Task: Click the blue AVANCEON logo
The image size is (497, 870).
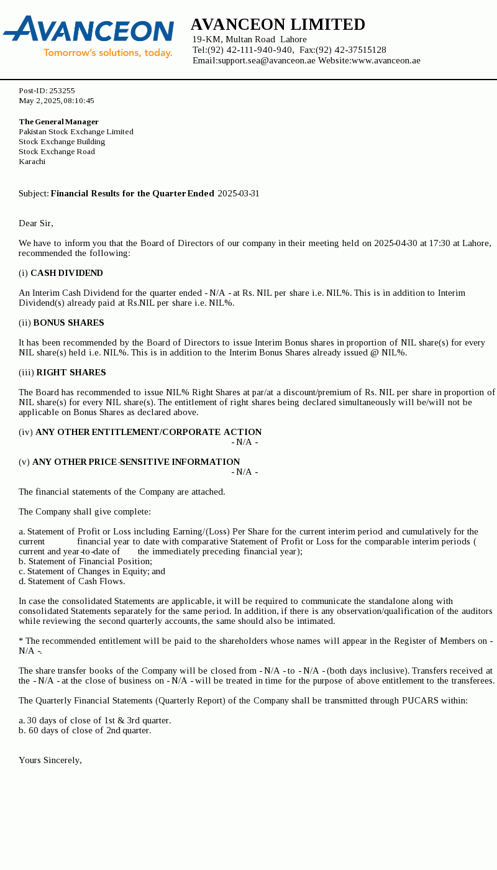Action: click(x=89, y=30)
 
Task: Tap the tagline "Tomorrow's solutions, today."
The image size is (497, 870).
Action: click(x=107, y=53)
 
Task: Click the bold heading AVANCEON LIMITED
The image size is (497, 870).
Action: click(x=278, y=25)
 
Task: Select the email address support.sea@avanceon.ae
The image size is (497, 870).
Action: click(x=266, y=61)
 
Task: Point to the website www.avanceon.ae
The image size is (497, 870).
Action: click(x=386, y=61)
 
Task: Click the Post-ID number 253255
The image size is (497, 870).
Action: click(x=62, y=91)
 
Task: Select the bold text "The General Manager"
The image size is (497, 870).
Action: click(x=58, y=122)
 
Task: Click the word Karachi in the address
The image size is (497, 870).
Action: click(x=32, y=162)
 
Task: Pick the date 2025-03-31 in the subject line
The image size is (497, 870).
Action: click(x=239, y=194)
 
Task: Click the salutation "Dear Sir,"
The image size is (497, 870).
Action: click(x=36, y=224)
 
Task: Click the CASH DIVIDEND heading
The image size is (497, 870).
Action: click(x=66, y=273)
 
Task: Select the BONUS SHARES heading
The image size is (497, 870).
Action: click(x=68, y=323)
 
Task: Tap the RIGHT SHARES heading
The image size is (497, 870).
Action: click(x=71, y=373)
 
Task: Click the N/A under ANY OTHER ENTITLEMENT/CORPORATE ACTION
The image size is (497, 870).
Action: click(x=245, y=442)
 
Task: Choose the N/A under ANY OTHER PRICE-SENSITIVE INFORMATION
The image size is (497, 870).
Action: click(x=245, y=472)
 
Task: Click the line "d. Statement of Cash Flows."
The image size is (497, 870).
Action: click(x=72, y=582)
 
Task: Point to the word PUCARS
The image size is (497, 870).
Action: click(x=420, y=701)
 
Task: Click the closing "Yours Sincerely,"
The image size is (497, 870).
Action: click(x=50, y=761)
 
